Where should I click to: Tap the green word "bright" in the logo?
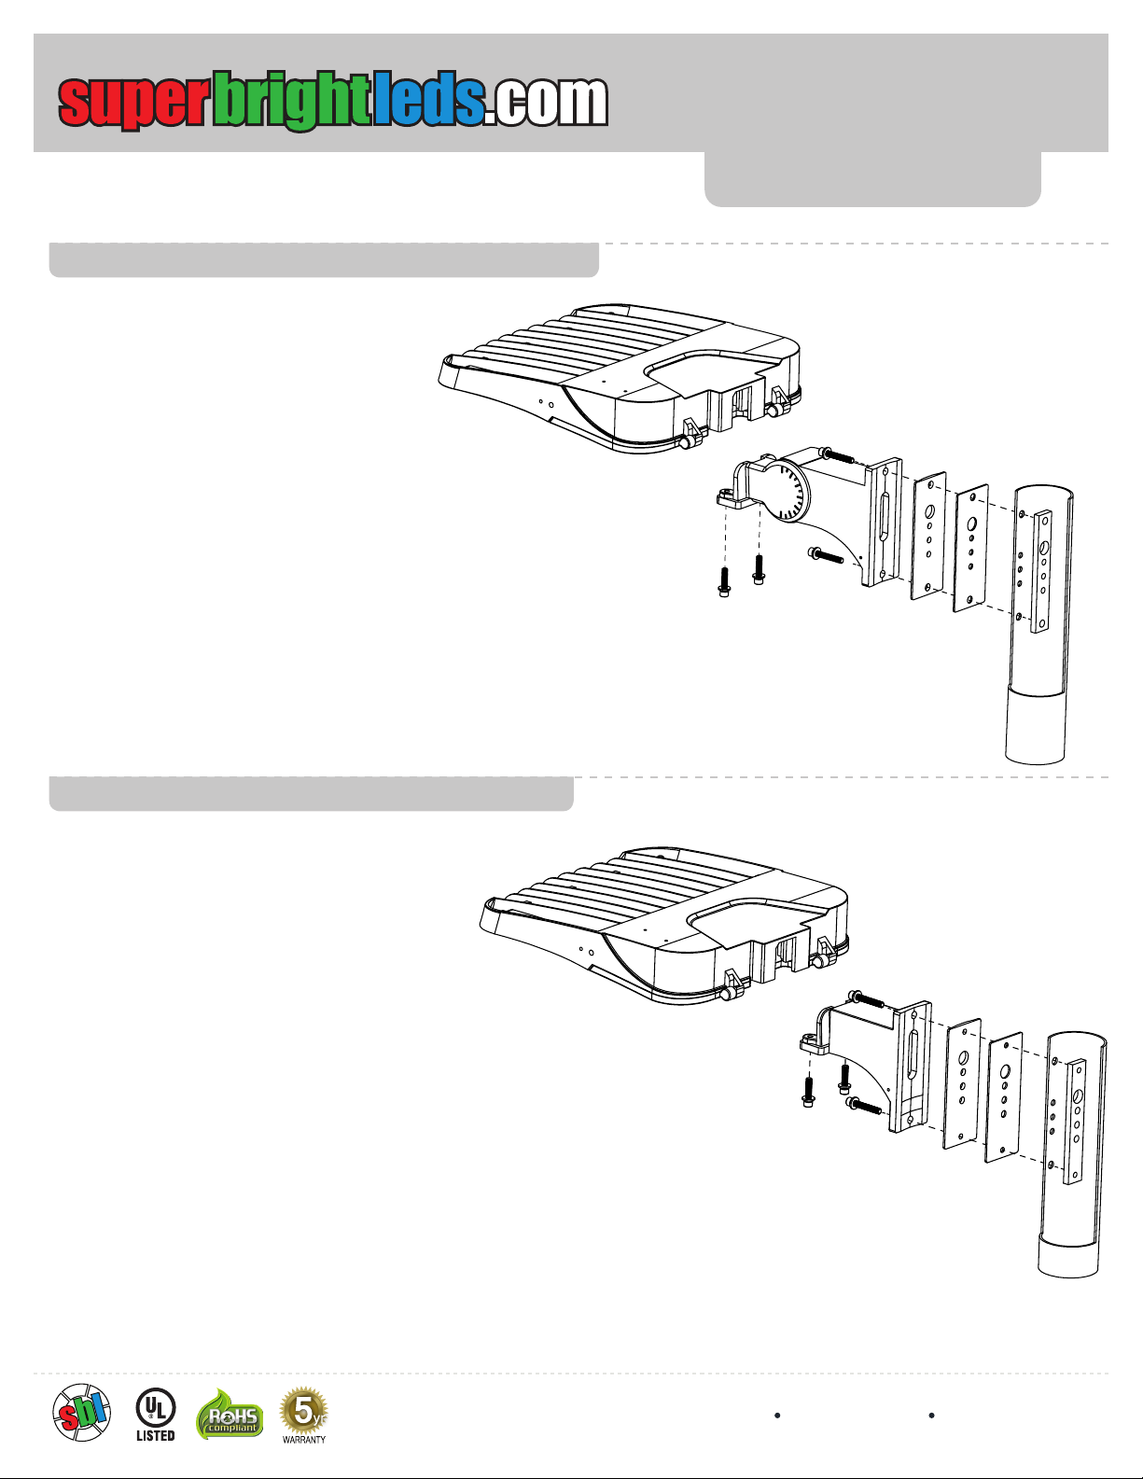[291, 101]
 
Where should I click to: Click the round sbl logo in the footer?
[81, 1413]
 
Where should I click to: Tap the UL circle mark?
[155, 1407]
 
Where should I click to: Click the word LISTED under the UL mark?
[155, 1436]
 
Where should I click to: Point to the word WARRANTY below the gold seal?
[304, 1440]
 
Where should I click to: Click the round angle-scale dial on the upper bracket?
[788, 493]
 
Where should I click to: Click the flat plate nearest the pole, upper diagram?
[970, 549]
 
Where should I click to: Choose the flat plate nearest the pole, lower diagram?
[1004, 1096]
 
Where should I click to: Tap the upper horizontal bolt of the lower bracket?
[866, 999]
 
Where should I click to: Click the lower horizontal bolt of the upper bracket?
[827, 556]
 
